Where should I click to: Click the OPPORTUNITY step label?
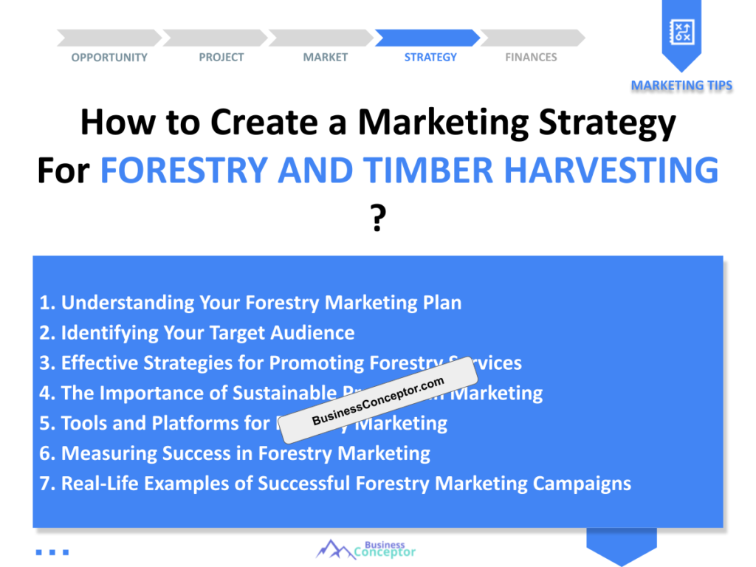109,58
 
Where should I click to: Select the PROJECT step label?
221,58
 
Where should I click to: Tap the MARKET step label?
325,58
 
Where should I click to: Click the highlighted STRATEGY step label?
430,58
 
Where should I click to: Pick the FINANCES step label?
531,58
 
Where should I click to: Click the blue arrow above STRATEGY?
427,38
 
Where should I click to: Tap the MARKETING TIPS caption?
681,86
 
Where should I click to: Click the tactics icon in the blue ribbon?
681,31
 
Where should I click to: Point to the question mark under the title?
377,219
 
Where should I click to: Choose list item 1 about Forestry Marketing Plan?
250,303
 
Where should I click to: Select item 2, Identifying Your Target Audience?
197,333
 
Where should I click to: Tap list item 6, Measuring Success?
235,453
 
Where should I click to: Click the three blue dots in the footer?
52,551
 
